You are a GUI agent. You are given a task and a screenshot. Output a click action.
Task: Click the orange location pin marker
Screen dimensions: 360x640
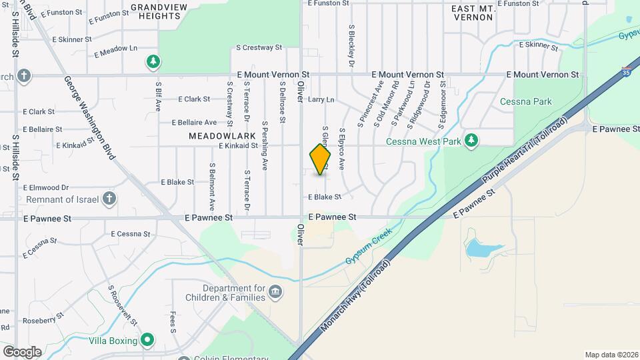(x=320, y=159)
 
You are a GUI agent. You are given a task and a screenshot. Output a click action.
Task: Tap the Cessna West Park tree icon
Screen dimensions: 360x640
(x=471, y=140)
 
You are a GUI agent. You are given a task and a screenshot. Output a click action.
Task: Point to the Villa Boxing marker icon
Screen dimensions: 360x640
(x=147, y=340)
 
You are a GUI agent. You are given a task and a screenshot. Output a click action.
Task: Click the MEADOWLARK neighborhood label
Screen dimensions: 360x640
(x=222, y=136)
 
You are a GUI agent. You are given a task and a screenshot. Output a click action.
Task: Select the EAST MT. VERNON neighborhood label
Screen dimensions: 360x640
(x=473, y=12)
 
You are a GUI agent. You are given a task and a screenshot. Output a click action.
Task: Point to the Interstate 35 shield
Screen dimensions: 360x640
(x=626, y=70)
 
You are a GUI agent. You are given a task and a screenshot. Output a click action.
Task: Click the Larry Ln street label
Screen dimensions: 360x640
(x=321, y=99)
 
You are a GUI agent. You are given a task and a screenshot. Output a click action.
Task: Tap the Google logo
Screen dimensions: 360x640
(x=21, y=351)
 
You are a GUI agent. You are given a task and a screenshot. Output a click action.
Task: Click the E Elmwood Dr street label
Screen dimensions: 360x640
(x=46, y=188)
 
